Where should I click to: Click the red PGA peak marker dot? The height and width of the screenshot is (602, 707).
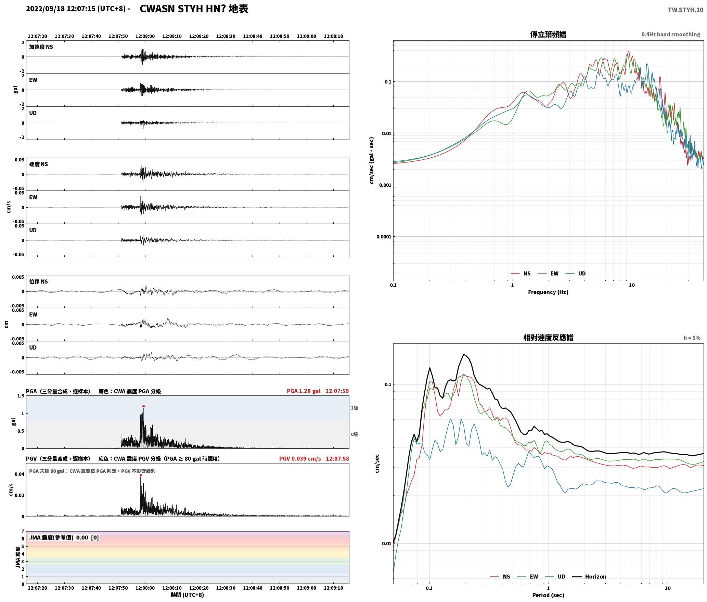click(143, 406)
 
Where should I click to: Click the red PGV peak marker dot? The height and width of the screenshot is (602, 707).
click(141, 475)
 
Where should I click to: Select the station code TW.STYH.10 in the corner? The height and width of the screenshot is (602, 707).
click(685, 10)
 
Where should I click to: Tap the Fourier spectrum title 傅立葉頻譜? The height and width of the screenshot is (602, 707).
click(548, 35)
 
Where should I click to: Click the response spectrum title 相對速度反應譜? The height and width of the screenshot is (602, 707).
click(548, 338)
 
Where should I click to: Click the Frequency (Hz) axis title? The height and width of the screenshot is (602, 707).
click(548, 292)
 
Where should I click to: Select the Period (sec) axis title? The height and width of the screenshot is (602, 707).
click(548, 595)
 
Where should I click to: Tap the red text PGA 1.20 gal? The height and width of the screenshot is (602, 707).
click(304, 391)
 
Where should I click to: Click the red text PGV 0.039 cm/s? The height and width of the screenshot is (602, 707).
click(300, 459)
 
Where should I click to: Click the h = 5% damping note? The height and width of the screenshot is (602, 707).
click(692, 338)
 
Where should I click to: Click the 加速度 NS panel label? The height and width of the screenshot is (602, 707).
click(41, 47)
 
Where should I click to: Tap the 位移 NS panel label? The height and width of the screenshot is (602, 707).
click(38, 282)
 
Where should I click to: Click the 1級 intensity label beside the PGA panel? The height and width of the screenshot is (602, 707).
click(354, 408)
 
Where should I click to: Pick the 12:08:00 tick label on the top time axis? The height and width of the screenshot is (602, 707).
click(145, 36)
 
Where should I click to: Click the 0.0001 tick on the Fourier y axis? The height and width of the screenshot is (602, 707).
click(384, 237)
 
